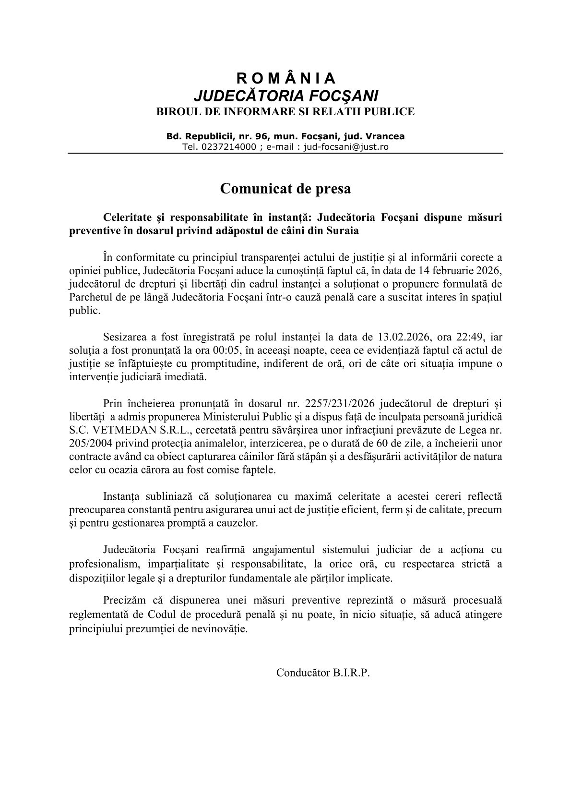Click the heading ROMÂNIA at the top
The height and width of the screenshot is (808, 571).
(285, 78)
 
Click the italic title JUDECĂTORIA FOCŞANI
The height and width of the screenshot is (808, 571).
(285, 95)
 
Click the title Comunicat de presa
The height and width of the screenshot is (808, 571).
(285, 189)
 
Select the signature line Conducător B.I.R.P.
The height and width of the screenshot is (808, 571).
(323, 673)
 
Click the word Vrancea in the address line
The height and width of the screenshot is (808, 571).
(385, 136)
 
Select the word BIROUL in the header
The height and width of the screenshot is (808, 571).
(175, 112)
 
